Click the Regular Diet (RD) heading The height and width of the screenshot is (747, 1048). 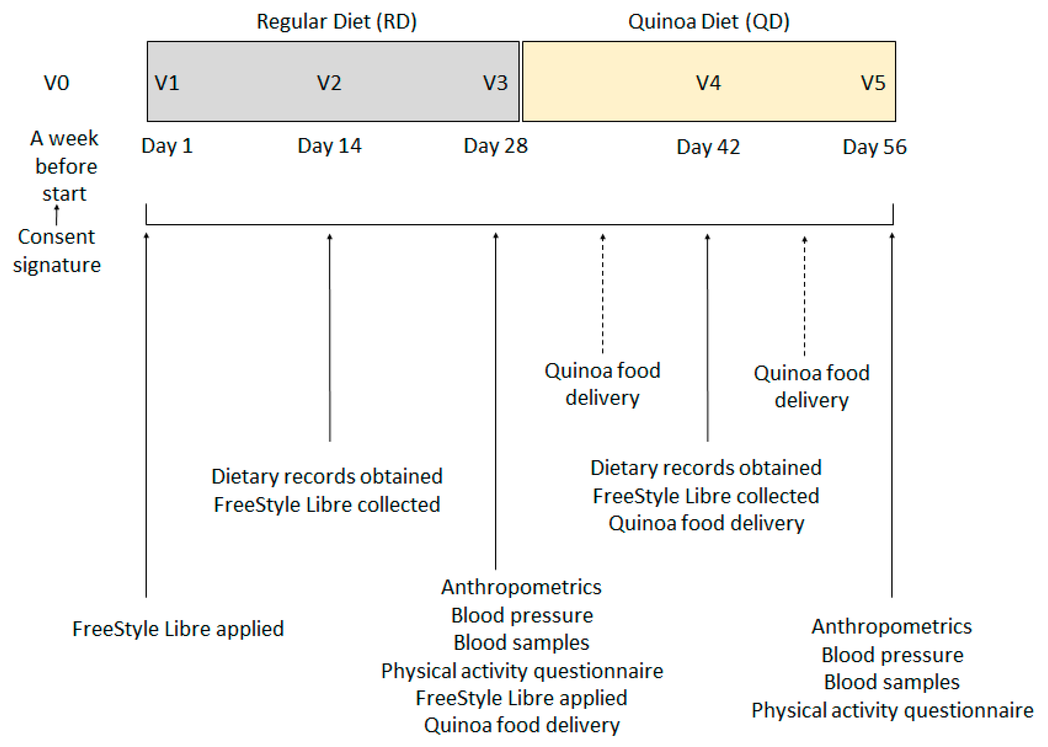(336, 22)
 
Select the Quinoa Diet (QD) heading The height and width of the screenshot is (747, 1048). (709, 22)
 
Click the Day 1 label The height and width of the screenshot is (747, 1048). (167, 146)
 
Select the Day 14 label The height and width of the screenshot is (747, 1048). (329, 146)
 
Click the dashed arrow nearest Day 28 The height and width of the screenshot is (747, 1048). (603, 294)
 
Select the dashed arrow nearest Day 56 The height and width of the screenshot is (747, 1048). (804, 297)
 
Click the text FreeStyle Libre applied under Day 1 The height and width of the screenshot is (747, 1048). (178, 629)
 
